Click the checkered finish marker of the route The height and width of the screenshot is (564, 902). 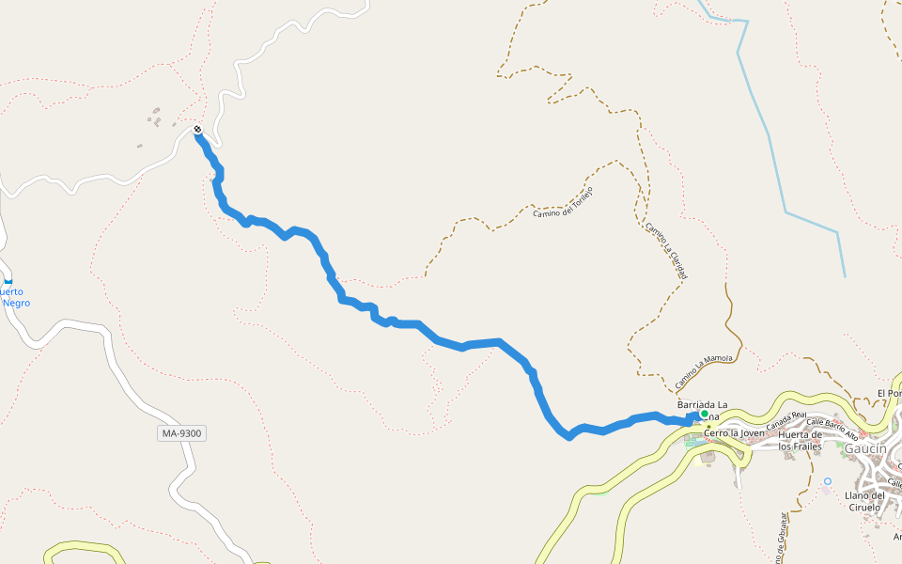click(197, 129)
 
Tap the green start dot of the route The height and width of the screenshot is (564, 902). click(704, 414)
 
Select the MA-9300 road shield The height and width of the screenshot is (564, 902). click(181, 433)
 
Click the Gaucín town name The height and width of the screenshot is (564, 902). click(864, 448)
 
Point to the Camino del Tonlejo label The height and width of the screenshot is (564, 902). click(563, 202)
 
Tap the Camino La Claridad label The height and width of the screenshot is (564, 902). click(666, 251)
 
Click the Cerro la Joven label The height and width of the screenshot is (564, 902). click(734, 433)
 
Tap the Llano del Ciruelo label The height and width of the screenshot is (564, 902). click(865, 501)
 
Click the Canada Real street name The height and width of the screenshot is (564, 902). click(785, 420)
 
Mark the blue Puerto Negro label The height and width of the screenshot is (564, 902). click(15, 297)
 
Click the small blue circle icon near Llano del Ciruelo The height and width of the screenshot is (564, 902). click(827, 481)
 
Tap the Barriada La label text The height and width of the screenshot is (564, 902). click(702, 404)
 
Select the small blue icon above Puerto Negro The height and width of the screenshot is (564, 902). click(8, 280)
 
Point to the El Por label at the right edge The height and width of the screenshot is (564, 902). click(889, 393)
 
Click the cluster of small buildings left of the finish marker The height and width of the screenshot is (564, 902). click(158, 117)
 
